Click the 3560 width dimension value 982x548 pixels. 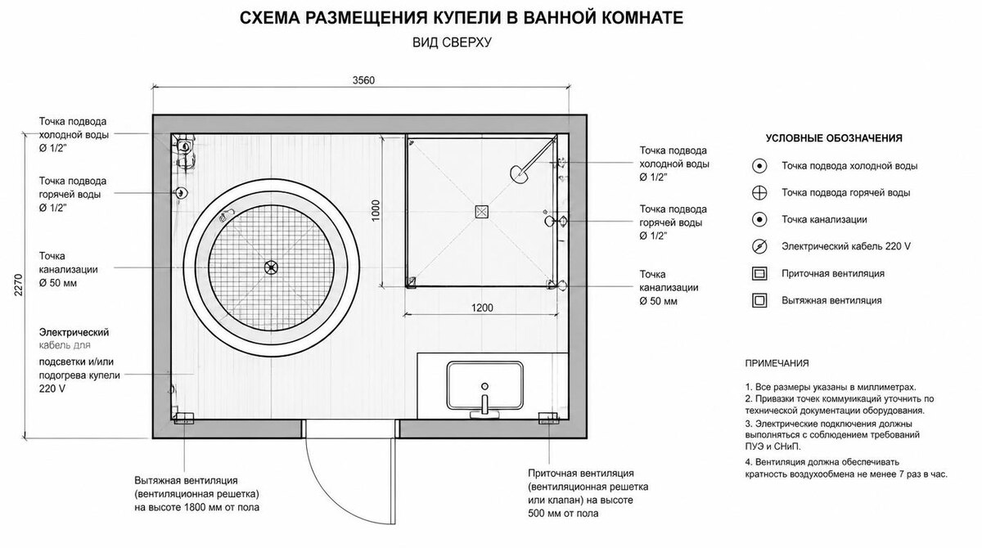(363, 81)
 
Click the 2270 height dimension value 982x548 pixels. (18, 285)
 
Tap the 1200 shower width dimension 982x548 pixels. (482, 308)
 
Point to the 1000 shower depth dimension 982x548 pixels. (376, 210)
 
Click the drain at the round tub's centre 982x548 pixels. (271, 267)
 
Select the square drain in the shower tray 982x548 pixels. (481, 212)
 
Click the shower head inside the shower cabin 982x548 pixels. (519, 173)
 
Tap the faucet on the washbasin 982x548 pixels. (484, 404)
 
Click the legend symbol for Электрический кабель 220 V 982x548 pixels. (759, 247)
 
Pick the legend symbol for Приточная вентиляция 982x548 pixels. (759, 274)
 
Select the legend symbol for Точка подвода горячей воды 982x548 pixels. (759, 193)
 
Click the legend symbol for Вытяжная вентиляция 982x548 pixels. (759, 300)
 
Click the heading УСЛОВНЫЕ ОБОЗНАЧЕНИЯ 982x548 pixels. (834, 138)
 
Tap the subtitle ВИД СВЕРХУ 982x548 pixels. (452, 43)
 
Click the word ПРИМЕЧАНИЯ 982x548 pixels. (777, 363)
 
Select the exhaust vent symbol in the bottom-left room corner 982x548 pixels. (183, 418)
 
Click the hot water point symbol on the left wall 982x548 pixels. (181, 193)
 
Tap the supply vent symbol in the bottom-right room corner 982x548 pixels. (548, 418)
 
